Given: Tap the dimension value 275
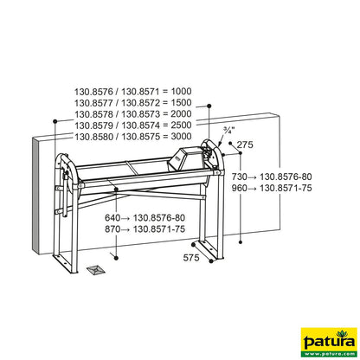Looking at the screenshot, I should [x=246, y=145].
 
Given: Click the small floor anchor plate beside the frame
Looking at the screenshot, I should [x=97, y=270].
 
